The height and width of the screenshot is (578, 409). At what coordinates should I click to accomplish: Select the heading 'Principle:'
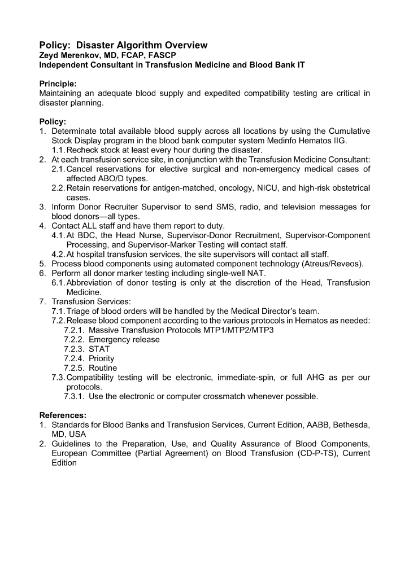[x=58, y=84]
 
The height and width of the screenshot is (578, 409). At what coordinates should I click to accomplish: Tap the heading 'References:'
[x=62, y=415]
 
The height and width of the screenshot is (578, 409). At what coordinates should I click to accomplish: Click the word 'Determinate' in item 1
[x=75, y=130]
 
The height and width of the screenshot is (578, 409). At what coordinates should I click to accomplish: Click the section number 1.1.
[x=58, y=150]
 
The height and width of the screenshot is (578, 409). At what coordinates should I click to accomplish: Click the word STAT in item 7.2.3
[x=99, y=349]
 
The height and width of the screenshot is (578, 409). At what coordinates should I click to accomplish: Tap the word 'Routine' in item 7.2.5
[x=103, y=368]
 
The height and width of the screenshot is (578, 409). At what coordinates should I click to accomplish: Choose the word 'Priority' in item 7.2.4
[x=102, y=358]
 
